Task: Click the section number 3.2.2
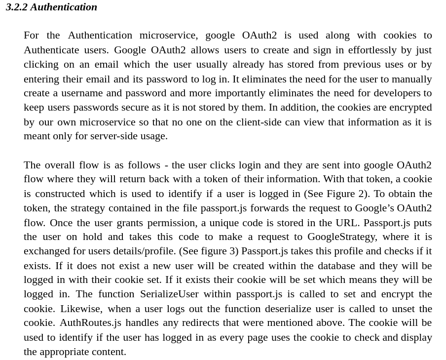click(x=17, y=7)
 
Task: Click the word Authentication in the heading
click(x=64, y=7)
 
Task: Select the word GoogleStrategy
click(x=341, y=237)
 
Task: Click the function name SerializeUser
click(x=169, y=294)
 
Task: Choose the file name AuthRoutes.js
click(x=90, y=322)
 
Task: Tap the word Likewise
click(x=81, y=309)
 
